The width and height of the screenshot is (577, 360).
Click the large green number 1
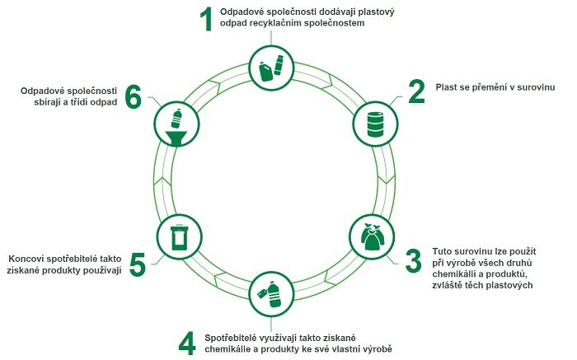207,19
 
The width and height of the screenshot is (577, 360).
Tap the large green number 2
416,91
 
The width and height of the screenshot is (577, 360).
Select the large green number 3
413,260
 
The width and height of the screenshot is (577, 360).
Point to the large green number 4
187,343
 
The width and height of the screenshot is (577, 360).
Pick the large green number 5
138,264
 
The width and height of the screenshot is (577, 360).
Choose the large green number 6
134,96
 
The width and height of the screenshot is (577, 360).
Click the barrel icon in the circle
375,124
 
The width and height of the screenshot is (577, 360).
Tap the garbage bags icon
373,236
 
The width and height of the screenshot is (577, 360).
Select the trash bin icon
179,236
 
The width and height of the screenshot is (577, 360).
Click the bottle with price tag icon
270,294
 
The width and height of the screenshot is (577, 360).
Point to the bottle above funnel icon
176,128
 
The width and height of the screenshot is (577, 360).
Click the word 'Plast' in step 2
445,87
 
